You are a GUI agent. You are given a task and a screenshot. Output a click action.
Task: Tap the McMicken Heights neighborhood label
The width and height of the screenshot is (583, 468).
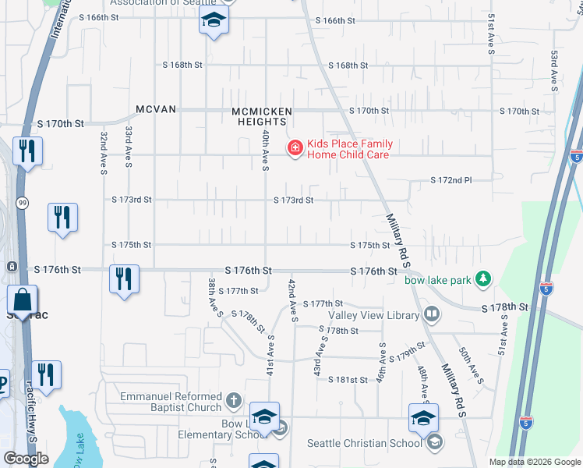[262, 116]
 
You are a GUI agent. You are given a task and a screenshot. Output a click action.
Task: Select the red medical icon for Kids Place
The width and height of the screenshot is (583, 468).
[295, 148]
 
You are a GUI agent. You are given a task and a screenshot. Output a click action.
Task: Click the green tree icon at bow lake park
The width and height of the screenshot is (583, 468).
[484, 278]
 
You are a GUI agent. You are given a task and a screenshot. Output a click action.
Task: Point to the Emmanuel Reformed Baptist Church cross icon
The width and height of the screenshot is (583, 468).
[233, 402]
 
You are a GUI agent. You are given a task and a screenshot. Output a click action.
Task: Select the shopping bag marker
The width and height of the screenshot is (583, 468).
[23, 299]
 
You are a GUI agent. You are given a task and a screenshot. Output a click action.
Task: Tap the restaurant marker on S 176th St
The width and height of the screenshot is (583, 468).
[124, 278]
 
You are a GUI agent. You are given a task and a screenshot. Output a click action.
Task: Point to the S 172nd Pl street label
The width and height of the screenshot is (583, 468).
[452, 180]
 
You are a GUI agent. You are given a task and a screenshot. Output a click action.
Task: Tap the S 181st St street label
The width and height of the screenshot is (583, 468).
[347, 380]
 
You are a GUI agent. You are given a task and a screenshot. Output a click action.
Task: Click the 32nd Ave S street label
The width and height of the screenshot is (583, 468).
[103, 153]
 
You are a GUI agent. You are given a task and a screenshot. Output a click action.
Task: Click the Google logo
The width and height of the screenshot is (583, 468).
[26, 459]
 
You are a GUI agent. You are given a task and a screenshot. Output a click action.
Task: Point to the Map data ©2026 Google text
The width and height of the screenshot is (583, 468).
[534, 462]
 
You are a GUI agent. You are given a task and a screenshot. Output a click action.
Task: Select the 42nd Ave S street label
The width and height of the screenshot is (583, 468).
[293, 300]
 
